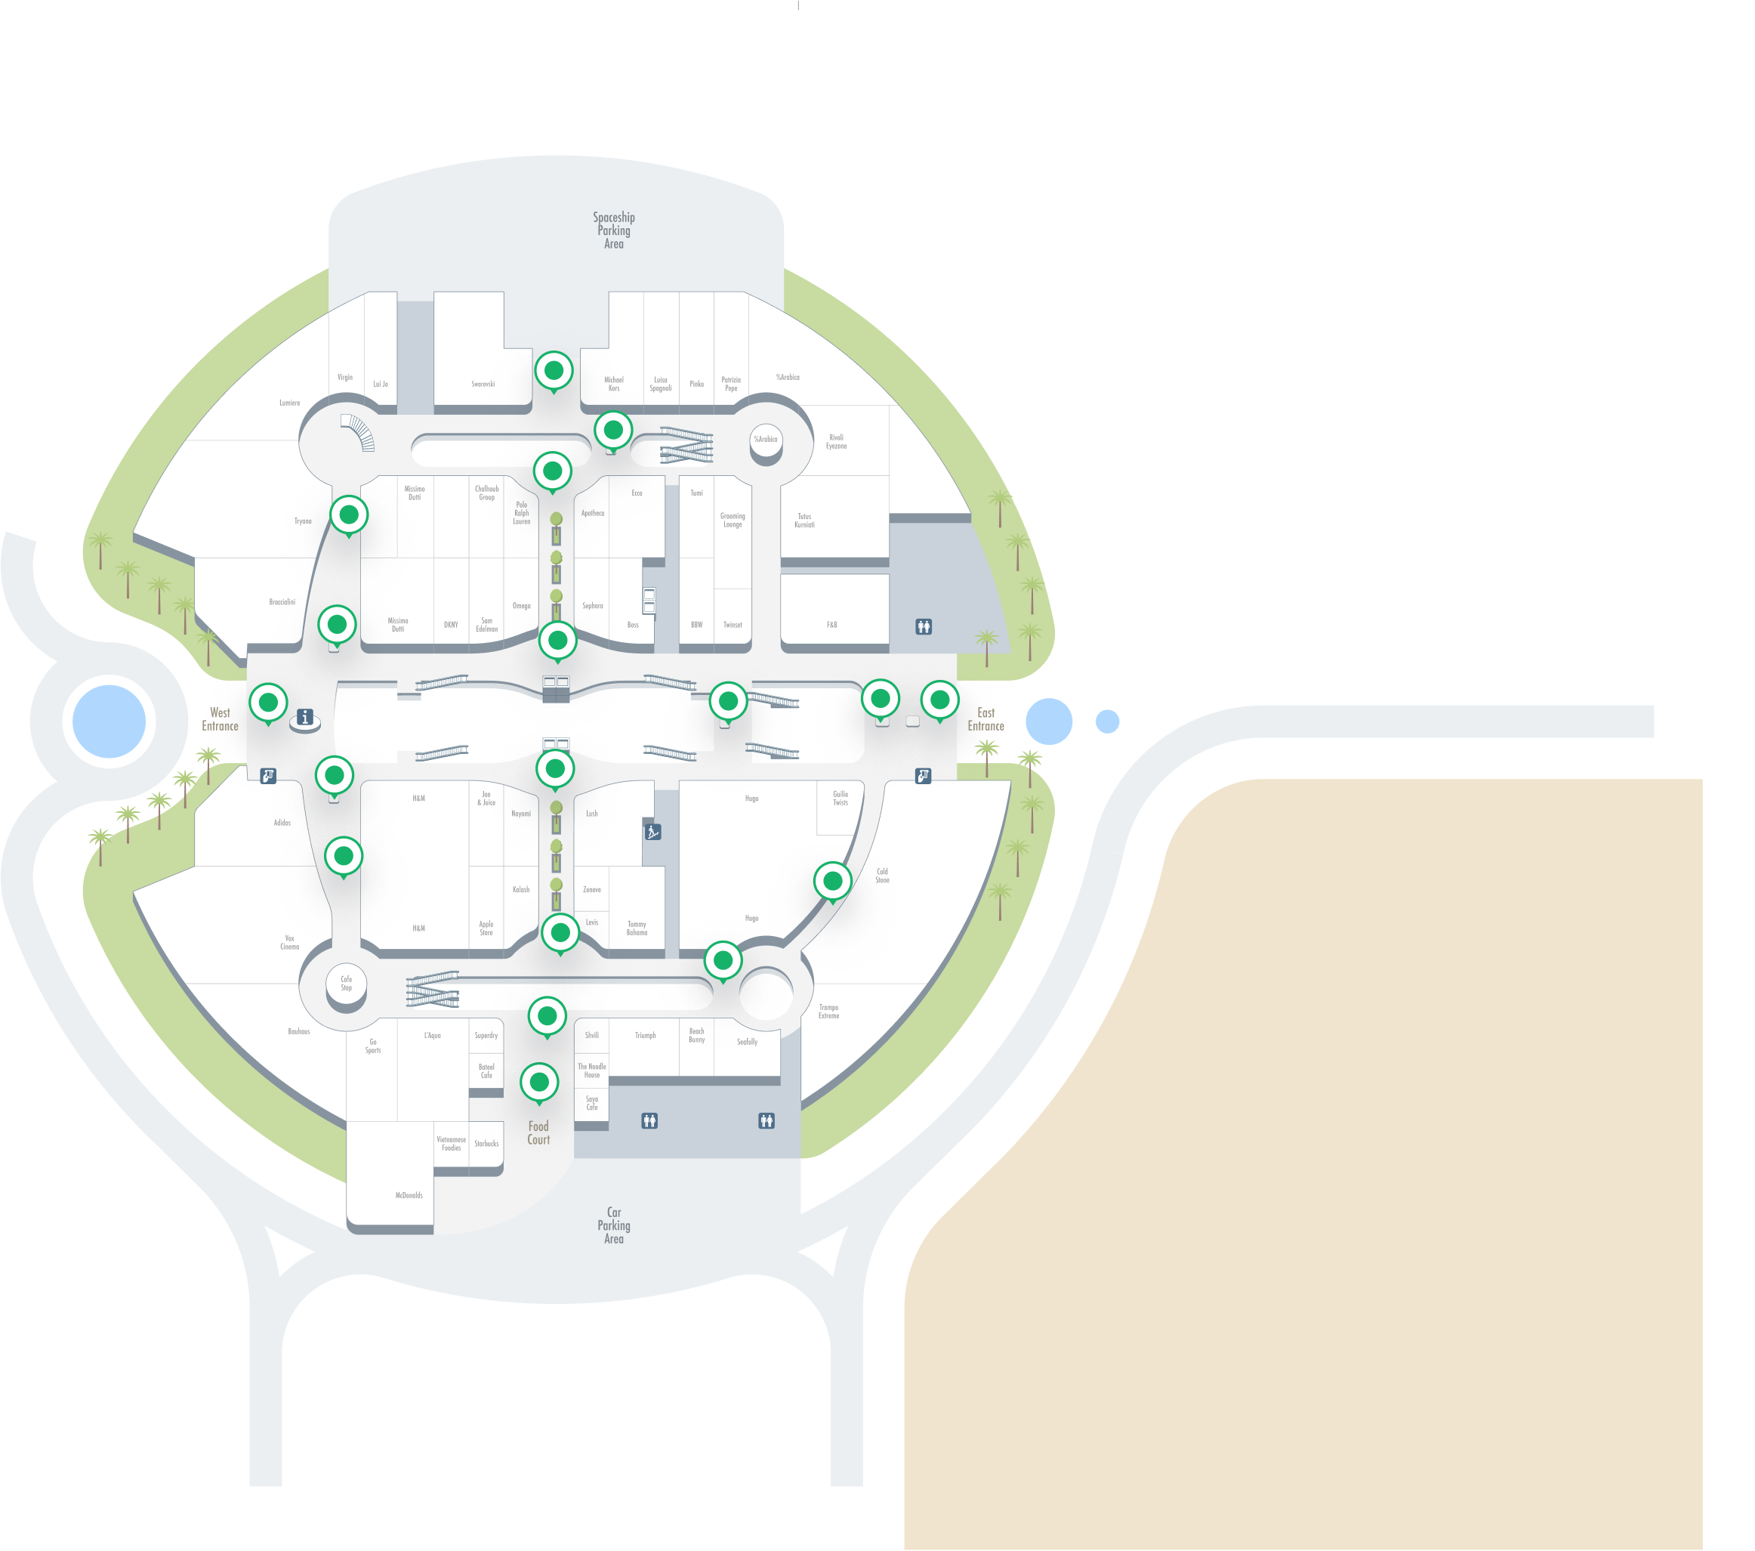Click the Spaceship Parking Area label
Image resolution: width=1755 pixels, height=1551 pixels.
(614, 230)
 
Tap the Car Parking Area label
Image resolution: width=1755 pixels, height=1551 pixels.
(614, 1225)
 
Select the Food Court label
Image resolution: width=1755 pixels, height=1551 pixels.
(538, 1132)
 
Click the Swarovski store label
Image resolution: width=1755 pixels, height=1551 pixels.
(483, 384)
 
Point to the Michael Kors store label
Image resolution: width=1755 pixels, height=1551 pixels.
(614, 384)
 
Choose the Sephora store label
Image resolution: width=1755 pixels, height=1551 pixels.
(593, 605)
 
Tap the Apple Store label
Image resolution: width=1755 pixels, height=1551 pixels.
(486, 928)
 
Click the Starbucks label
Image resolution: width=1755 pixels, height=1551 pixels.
(486, 1144)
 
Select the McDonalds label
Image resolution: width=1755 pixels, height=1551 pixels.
(409, 1195)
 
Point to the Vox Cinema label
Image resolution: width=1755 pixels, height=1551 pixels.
(289, 942)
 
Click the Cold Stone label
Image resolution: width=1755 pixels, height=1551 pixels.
(882, 875)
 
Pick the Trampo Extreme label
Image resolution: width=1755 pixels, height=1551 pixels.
(828, 1012)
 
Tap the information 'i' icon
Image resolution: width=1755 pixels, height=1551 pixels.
(305, 717)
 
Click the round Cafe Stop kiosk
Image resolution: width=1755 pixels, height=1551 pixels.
(346, 984)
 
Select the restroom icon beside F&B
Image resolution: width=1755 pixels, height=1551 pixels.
(923, 627)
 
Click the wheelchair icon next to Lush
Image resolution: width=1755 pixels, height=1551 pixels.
(652, 831)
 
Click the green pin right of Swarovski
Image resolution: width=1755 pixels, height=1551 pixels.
(554, 371)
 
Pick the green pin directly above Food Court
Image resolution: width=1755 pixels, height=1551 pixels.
(539, 1081)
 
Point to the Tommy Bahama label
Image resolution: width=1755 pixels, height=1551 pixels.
(637, 928)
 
